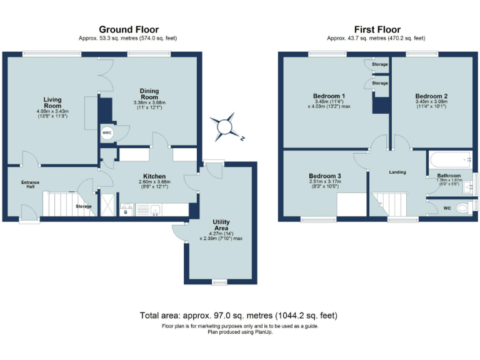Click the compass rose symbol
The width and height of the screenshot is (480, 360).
click(225, 127)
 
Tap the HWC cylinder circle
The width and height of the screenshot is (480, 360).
click(107, 133)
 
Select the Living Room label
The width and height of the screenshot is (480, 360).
click(52, 102)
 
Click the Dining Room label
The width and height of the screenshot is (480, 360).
click(149, 94)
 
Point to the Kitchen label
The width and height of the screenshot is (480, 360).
click(154, 176)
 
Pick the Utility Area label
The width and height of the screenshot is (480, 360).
click(221, 225)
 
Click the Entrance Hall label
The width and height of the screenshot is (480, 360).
click(30, 184)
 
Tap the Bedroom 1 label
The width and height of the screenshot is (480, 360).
click(329, 96)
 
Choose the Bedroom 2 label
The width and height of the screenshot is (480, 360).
click(431, 96)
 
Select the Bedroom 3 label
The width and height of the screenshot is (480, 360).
click(325, 176)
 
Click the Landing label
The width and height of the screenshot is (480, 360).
click(397, 172)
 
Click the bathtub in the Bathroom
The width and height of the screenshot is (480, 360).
click(450, 159)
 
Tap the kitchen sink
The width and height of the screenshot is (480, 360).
click(156, 210)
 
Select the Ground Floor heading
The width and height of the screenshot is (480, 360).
click(129, 30)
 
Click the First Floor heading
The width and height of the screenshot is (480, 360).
click(377, 30)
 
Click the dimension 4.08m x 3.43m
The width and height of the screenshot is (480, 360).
click(52, 111)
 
